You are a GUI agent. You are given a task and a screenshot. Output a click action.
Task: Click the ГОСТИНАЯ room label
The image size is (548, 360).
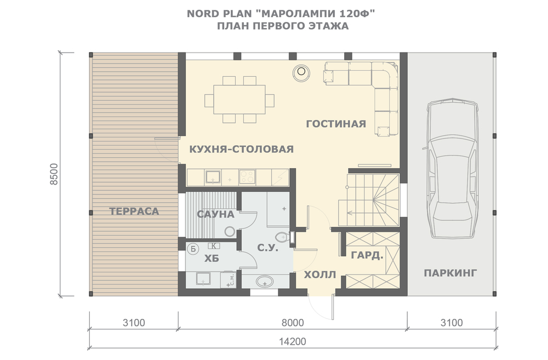tap(336, 124)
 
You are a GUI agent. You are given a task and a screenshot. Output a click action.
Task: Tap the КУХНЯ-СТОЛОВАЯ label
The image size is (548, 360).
tap(242, 149)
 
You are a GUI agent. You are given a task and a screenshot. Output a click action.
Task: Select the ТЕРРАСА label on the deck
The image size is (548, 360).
tap(134, 211)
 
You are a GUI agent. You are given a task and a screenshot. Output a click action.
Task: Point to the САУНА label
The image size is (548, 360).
tap(215, 214)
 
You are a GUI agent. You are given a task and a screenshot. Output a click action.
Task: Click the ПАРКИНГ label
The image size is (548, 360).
tap(450, 273)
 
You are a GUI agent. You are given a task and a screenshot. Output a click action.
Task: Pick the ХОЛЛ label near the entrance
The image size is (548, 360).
tap(320, 275)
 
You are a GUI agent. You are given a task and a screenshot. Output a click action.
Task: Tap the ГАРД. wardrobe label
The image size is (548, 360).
tap(367, 255)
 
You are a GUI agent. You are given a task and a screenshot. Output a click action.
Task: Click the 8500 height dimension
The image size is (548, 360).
tap(54, 174)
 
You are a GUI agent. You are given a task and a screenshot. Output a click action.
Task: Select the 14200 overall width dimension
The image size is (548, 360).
tap(293, 341)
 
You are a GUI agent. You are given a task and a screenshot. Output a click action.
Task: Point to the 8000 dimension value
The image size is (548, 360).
tap(293, 323)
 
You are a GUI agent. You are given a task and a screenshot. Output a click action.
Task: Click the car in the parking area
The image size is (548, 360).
tap(452, 168)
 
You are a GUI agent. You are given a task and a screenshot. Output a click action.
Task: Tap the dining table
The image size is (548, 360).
tap(239, 100)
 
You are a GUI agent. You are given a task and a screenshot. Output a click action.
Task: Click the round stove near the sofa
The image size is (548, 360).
tap(301, 72)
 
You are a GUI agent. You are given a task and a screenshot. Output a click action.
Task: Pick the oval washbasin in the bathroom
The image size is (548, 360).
tap(265, 281)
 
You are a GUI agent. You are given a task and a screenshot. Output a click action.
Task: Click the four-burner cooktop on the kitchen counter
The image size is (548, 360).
tap(248, 177)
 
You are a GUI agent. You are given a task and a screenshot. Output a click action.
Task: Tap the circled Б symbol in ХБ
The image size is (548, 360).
tap(193, 249)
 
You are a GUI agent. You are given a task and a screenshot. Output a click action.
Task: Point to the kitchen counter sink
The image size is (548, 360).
tap(213, 177)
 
